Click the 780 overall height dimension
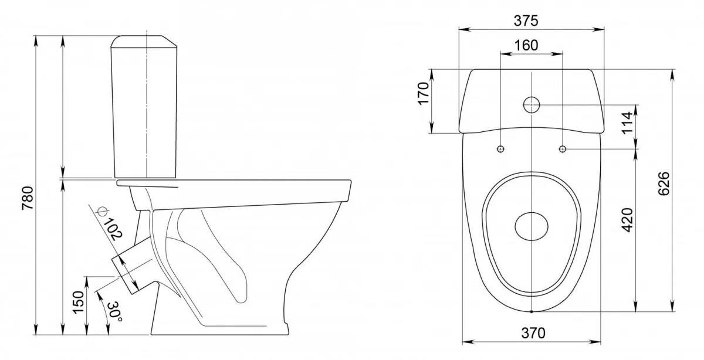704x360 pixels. click(28, 198)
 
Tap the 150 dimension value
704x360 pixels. click(79, 302)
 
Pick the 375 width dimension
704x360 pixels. click(526, 21)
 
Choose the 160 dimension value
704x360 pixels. click(526, 46)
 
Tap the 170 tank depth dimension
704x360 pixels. click(424, 93)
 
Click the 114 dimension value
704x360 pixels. click(627, 123)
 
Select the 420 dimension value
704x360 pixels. click(628, 220)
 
